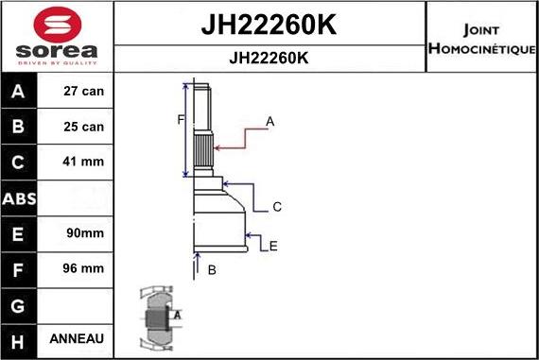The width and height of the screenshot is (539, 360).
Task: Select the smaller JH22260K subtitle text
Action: (269, 58)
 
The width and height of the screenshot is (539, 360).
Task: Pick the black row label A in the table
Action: (20, 93)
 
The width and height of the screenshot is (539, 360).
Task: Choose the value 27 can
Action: (83, 93)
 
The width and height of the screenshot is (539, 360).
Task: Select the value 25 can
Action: (83, 127)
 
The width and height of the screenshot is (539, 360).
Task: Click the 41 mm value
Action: (83, 162)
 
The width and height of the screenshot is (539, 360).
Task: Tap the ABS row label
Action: (20, 198)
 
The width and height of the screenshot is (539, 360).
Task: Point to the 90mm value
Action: (83, 232)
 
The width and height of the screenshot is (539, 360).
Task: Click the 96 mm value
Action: (83, 268)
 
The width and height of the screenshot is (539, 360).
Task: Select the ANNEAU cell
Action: (83, 338)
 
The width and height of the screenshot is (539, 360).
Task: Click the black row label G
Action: (20, 304)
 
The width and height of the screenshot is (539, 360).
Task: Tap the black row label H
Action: (20, 338)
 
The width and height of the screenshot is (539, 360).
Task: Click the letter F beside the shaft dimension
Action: (178, 119)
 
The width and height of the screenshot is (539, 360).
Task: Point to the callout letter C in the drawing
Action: (277, 206)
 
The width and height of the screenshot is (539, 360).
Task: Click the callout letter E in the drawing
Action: (273, 247)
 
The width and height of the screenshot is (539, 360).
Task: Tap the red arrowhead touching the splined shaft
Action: (218, 146)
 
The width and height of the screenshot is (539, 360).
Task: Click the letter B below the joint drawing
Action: (212, 270)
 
